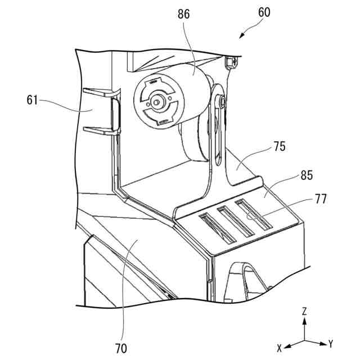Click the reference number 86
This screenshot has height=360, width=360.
(183, 14)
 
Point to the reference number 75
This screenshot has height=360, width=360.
(279, 147)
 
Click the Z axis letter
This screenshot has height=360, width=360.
(304, 310)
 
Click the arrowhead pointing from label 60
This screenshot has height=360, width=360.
(241, 36)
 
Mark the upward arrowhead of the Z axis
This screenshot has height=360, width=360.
(304, 320)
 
